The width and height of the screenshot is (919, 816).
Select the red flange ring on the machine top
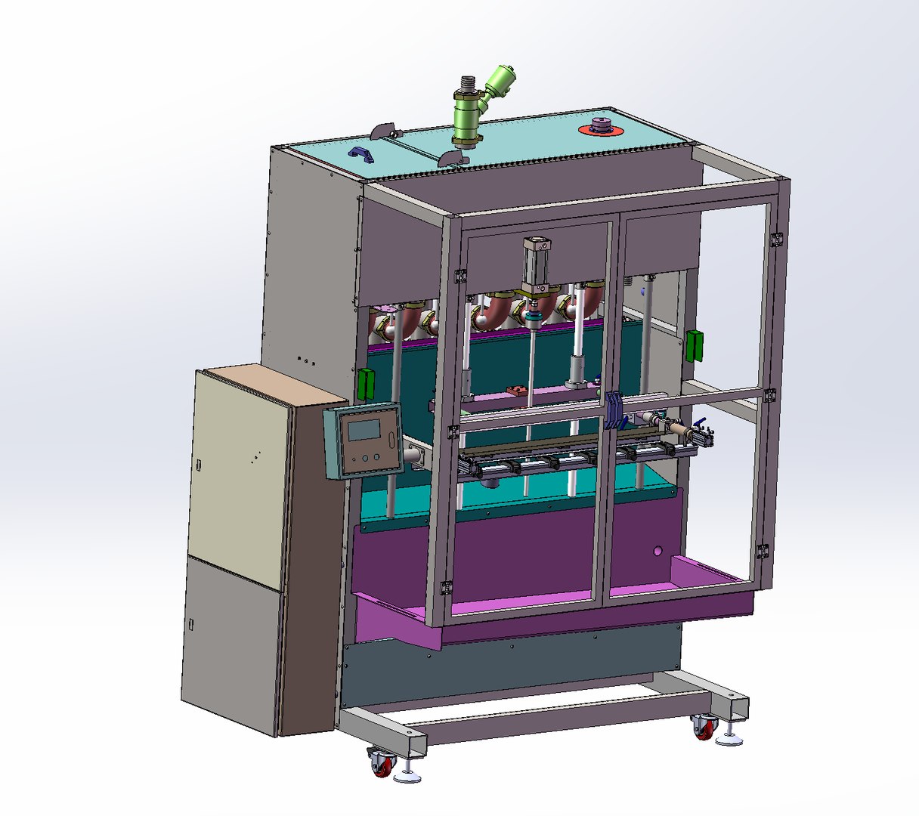pos(601,129)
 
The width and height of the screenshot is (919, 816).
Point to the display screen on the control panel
pos(363,429)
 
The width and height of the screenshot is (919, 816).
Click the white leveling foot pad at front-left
pos(409,777)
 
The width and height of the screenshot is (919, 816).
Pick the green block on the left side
pos(366,384)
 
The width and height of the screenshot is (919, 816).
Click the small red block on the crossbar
pos(518,390)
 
